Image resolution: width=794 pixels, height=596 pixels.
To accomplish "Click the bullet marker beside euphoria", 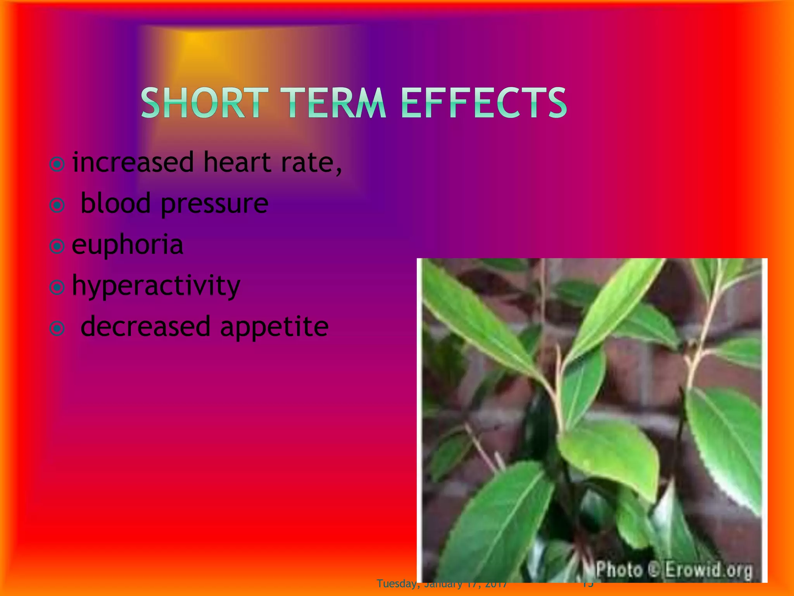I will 57,246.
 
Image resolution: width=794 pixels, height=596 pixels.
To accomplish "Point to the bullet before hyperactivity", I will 57,287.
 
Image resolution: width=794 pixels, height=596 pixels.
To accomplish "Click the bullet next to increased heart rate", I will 57,164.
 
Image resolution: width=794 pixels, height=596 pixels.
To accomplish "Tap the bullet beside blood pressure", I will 57,205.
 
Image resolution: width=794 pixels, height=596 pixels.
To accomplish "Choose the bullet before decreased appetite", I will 57,328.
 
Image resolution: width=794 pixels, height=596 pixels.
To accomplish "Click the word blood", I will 115,203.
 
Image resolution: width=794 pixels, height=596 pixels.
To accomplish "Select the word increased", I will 133,163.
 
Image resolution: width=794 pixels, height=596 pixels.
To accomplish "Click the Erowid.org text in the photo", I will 709,570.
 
